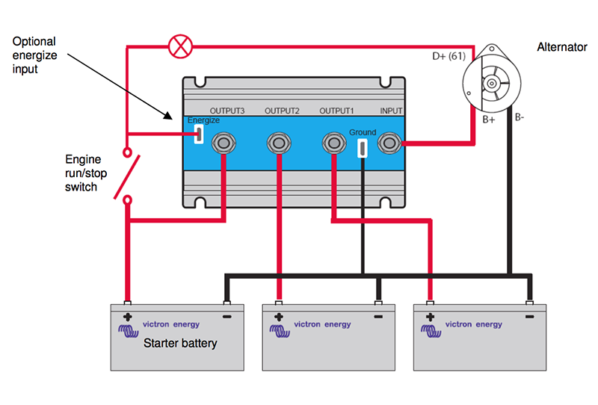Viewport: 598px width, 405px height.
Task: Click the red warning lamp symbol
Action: coord(180,46)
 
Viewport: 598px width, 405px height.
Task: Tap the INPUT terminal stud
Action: coord(389,143)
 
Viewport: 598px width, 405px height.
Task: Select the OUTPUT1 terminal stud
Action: coord(334,143)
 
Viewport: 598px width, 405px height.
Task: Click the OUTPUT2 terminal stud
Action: coord(279,143)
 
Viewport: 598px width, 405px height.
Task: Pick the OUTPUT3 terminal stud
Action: coord(224,143)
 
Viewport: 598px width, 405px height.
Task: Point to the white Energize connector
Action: coord(199,134)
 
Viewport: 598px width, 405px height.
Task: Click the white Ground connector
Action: coord(363,148)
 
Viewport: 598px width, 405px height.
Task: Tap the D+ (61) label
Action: coord(449,57)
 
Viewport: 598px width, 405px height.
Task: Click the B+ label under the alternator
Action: coord(489,120)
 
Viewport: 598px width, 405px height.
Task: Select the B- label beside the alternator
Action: coord(520,117)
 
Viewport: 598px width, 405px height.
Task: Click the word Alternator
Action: coord(562,47)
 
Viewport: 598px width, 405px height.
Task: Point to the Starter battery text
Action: coord(180,343)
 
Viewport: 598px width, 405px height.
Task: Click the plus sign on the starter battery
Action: coord(128,317)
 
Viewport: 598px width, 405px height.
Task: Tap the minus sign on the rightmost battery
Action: coord(529,317)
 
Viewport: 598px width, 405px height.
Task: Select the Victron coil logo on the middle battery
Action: coord(280,330)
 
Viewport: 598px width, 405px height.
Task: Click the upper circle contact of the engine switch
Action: coord(127,152)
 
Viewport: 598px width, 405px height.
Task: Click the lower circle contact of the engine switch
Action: coord(127,200)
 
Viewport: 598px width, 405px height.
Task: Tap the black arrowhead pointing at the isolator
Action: coord(168,115)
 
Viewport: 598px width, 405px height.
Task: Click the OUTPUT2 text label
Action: coord(282,111)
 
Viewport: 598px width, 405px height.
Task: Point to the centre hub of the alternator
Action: coord(492,84)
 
